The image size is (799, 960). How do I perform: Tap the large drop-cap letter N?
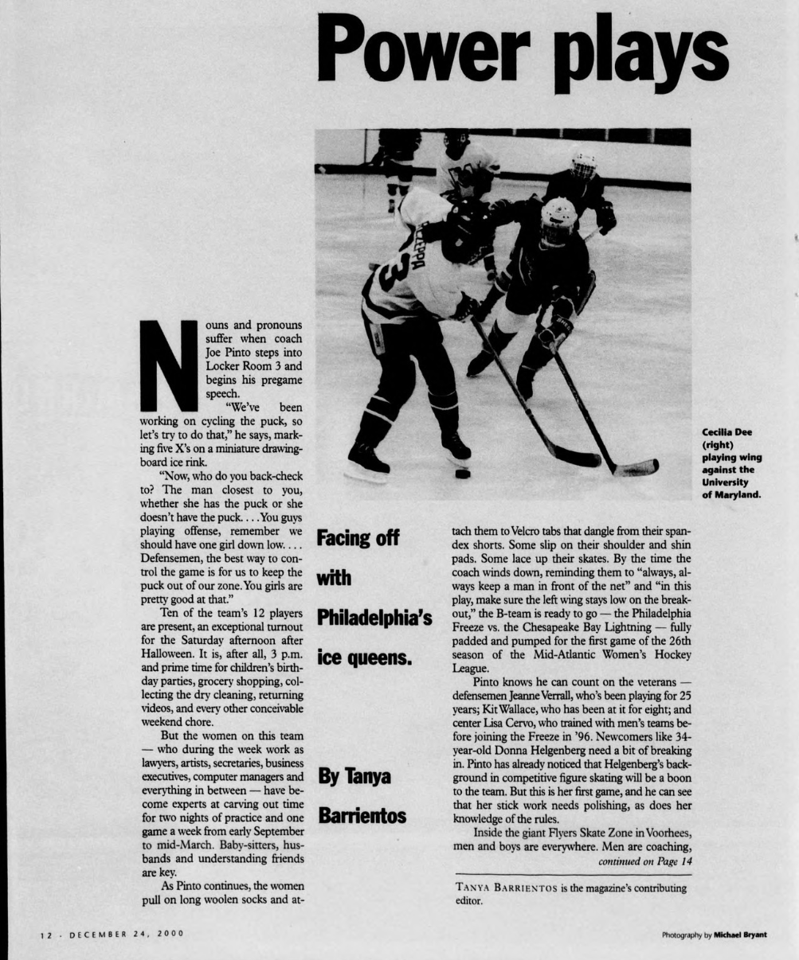pos(166,366)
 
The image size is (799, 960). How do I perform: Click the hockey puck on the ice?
pos(462,474)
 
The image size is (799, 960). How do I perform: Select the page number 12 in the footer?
pos(46,934)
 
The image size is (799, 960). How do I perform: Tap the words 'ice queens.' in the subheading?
pos(362,658)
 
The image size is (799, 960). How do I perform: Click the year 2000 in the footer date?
pos(170,934)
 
